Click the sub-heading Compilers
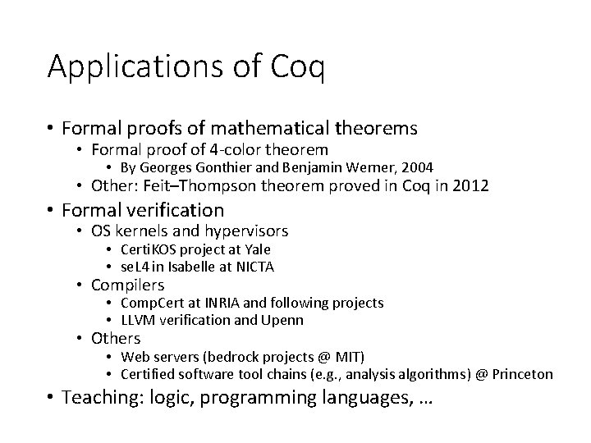[x=127, y=285]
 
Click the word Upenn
[x=282, y=320]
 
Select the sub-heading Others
[x=116, y=338]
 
